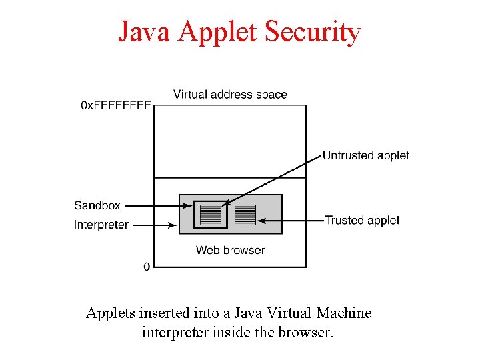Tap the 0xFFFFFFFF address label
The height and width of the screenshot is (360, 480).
coord(115,105)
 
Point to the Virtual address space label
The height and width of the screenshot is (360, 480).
coord(230,94)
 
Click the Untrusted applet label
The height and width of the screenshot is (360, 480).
coord(365,155)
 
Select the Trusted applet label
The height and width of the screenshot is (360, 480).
coord(362,220)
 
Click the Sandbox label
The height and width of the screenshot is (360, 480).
coord(97,205)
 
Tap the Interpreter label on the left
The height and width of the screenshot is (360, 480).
coord(101,225)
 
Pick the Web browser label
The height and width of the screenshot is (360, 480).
coord(230,250)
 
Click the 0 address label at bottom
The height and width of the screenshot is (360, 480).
coord(147,267)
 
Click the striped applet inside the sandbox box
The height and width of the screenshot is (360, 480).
coord(210,215)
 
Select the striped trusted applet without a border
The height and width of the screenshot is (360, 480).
coord(245,215)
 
